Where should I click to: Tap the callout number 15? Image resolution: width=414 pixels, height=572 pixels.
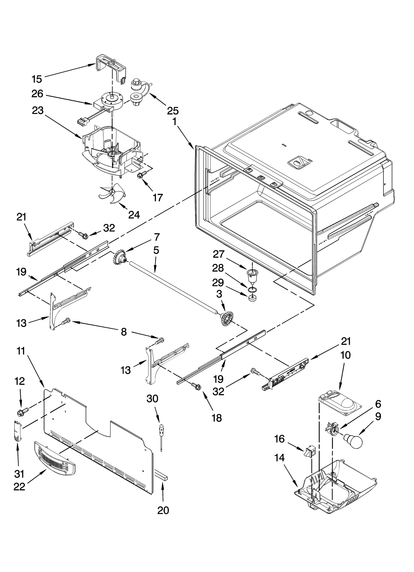(37, 79)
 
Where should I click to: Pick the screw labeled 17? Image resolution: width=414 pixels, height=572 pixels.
(141, 175)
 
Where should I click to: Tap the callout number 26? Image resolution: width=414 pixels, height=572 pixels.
(37, 94)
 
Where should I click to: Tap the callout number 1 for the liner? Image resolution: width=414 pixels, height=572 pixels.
(175, 122)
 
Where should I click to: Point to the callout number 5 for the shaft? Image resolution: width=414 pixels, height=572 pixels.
(156, 250)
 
